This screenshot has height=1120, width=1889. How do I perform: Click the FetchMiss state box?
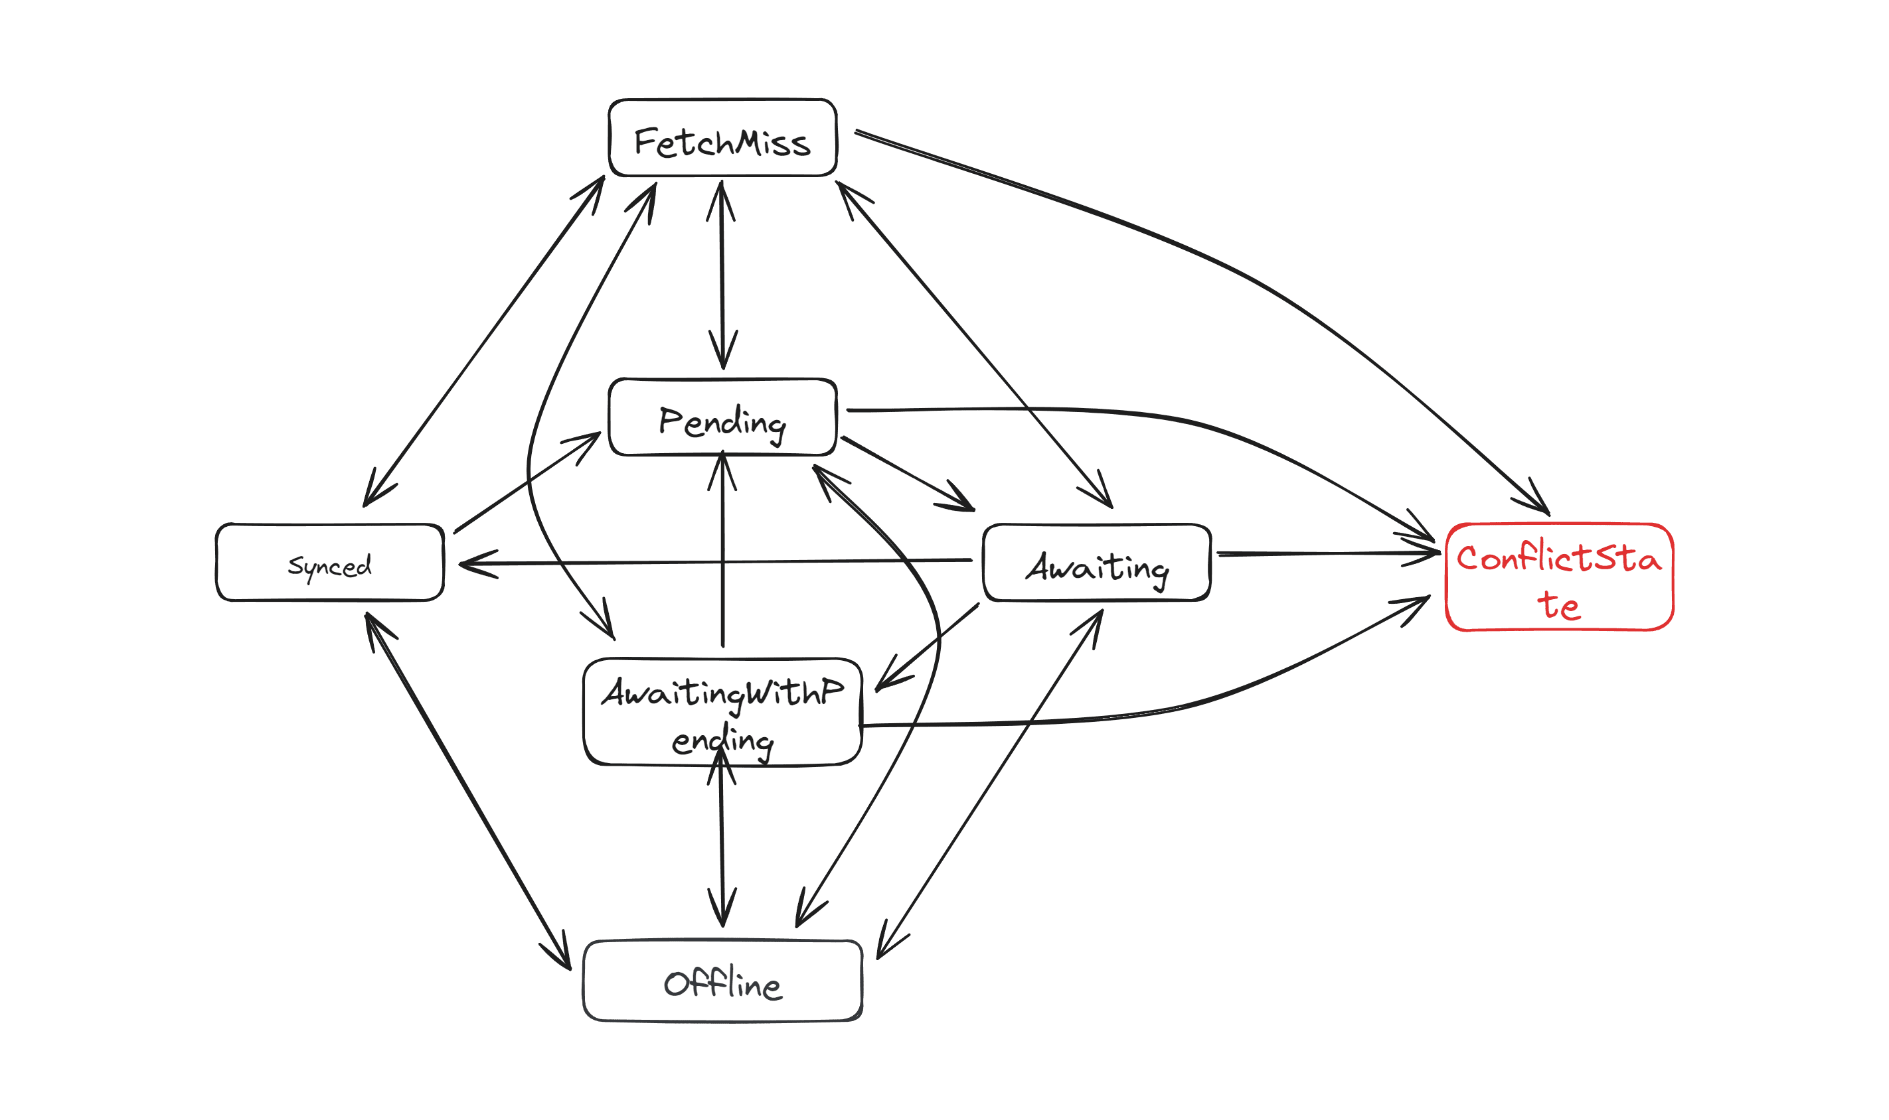(722, 138)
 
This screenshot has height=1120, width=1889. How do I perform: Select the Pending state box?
(722, 417)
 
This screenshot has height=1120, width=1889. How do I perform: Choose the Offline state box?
(722, 981)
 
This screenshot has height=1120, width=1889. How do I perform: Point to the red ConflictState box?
(1558, 577)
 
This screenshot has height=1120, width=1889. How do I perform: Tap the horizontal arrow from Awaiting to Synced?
(717, 561)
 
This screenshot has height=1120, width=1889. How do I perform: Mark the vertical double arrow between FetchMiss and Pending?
(722, 275)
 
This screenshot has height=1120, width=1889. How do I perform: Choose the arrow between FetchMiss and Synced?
(483, 341)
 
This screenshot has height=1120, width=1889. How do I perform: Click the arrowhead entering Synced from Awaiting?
(472, 563)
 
